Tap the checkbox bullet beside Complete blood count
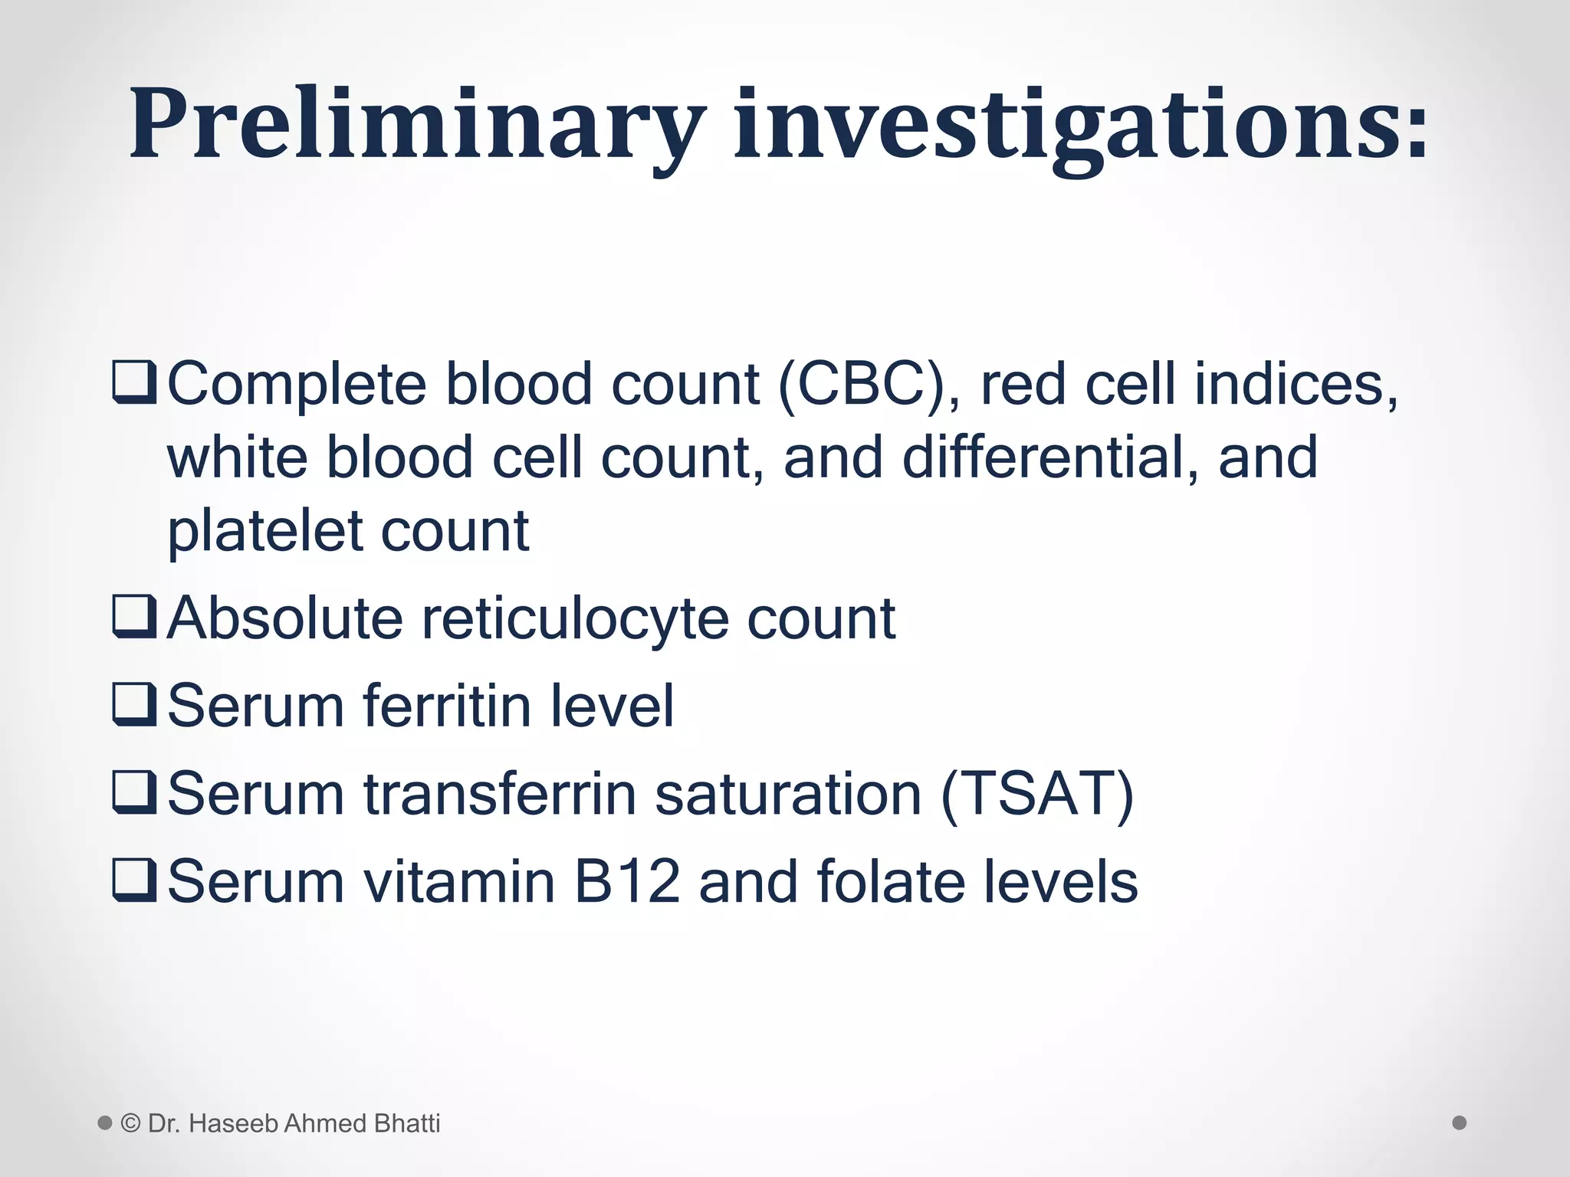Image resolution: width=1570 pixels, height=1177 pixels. [134, 384]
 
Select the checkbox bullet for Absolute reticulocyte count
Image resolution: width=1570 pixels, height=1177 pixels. [134, 618]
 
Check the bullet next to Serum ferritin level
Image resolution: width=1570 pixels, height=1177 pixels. [134, 706]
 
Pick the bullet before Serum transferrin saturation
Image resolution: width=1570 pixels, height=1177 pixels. [134, 794]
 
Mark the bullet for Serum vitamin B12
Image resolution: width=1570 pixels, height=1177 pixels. [134, 881]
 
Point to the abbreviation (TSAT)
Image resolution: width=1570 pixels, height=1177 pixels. [1036, 794]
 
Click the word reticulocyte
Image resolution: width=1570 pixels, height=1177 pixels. [575, 618]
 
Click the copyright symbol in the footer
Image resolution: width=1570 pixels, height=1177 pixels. [131, 1123]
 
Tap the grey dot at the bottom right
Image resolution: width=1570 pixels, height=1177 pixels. [1460, 1123]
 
